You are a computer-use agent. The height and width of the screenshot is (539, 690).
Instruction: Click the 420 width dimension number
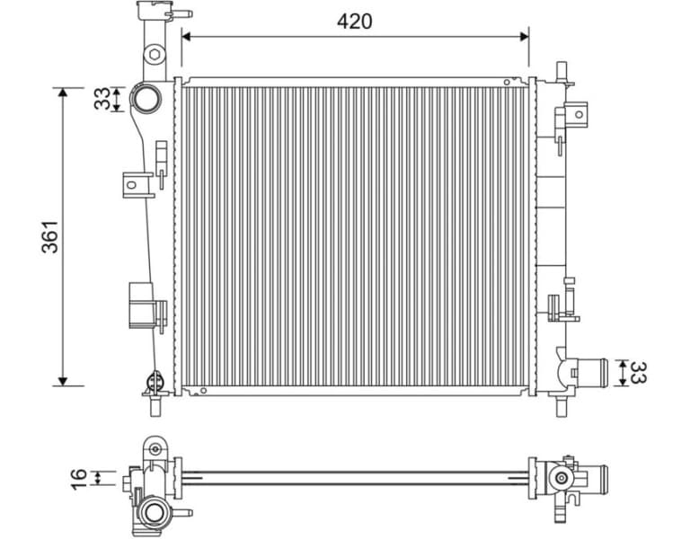[x=355, y=20]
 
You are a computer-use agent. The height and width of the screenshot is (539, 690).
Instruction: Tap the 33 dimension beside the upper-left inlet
[x=103, y=98]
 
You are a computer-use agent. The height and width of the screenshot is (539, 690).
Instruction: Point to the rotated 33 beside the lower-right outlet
[x=637, y=373]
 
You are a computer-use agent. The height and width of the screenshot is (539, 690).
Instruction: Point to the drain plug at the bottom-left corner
[x=153, y=388]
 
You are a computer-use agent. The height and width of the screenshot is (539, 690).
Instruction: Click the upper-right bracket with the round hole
[x=575, y=114]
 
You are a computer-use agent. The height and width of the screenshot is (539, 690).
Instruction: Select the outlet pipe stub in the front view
[x=589, y=372]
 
